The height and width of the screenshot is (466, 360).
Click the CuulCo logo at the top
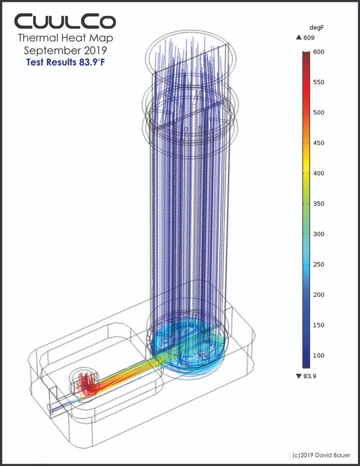(x=65, y=21)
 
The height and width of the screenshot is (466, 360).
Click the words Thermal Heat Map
(x=65, y=38)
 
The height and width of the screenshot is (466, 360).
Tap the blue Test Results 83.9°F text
(x=65, y=62)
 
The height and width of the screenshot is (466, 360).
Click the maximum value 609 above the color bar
(x=313, y=40)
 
